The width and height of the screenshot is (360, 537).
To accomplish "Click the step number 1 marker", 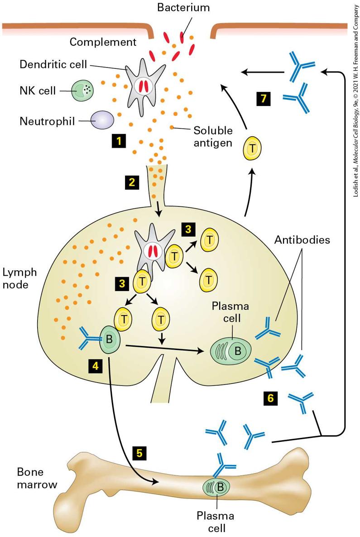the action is [119, 140].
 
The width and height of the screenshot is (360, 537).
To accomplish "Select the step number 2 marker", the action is [132, 182].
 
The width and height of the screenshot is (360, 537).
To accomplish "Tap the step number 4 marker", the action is [95, 366].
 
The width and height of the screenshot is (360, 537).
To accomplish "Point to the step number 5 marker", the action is [139, 453].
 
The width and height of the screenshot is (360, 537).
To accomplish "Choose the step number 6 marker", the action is [271, 398].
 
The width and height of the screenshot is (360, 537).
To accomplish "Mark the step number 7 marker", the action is [264, 99].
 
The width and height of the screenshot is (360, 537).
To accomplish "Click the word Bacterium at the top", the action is [183, 8].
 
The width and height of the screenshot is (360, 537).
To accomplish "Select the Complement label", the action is [103, 42].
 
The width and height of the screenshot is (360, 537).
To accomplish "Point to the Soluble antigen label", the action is [213, 136].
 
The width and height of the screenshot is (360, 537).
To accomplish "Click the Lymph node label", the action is [19, 278].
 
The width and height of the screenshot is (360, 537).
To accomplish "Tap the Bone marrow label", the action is [37, 478].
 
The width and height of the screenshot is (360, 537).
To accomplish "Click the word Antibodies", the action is [302, 240].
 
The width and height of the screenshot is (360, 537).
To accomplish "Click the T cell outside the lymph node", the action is [252, 149].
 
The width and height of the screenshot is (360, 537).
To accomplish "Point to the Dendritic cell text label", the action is [53, 64].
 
